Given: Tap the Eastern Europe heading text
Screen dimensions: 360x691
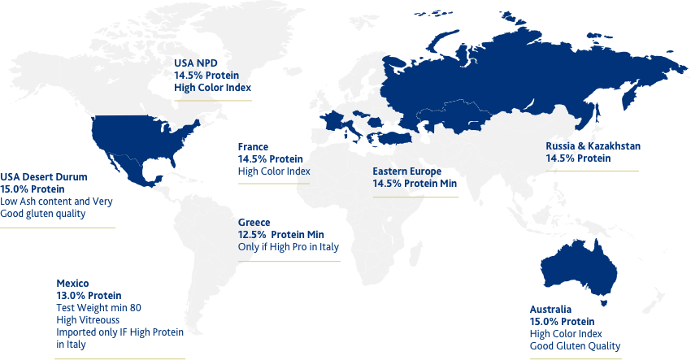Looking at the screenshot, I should coord(406,172).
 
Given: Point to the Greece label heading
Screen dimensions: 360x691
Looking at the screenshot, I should coord(254,223).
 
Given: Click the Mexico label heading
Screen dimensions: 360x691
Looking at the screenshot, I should coord(72,284).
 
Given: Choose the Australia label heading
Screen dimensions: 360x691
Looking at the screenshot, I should coord(551,310).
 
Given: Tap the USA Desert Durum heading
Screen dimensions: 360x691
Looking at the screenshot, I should coord(44,176).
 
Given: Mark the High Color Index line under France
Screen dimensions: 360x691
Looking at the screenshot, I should coord(274,172).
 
